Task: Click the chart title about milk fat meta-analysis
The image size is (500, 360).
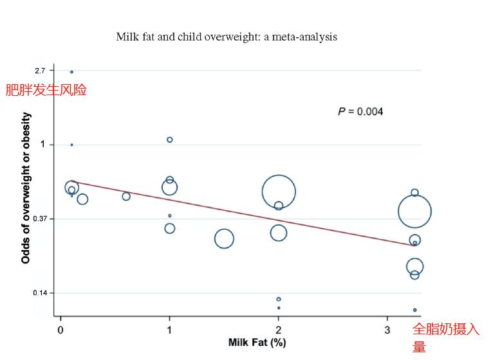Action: (x=227, y=36)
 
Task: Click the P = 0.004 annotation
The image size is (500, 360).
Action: (x=360, y=112)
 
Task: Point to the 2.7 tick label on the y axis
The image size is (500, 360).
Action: (x=40, y=70)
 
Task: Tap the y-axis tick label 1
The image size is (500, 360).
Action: (x=42, y=144)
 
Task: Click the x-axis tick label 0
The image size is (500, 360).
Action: (x=60, y=330)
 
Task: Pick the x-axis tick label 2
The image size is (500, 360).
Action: (x=279, y=330)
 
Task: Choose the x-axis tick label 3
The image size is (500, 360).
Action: (x=387, y=330)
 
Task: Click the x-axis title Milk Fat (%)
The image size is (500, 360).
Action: (x=257, y=343)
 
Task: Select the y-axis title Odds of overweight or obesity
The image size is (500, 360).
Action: (x=26, y=188)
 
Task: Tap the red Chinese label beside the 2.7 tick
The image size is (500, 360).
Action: (x=46, y=90)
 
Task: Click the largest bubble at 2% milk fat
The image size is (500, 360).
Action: (x=279, y=192)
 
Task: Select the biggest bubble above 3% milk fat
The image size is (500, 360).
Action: (x=414, y=212)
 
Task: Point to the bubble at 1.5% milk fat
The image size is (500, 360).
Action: (x=224, y=239)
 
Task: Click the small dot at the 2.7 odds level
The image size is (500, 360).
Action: (x=71, y=72)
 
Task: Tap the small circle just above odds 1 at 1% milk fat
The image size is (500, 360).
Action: (x=170, y=139)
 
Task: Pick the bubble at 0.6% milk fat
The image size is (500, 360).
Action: (x=126, y=196)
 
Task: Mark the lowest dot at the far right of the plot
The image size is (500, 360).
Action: (x=414, y=310)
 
